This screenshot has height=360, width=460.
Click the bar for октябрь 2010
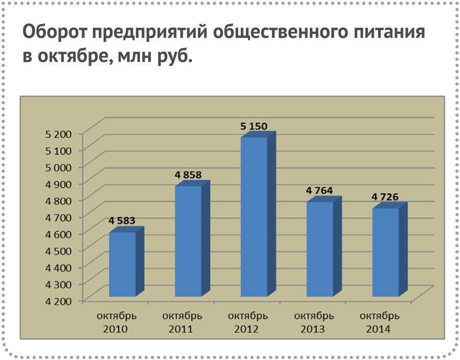point(123,264)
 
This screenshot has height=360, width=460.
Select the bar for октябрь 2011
point(188,241)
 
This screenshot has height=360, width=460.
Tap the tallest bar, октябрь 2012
point(254,217)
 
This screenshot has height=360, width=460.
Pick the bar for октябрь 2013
point(320,249)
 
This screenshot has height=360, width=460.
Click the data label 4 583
point(122,221)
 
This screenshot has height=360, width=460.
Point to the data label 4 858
point(188,175)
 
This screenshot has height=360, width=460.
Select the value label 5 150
point(254,126)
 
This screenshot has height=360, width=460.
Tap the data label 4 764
point(319,191)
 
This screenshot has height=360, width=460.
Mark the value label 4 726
point(385,197)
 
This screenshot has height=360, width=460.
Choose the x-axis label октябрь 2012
point(247,322)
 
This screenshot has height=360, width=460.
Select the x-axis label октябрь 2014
point(379,322)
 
